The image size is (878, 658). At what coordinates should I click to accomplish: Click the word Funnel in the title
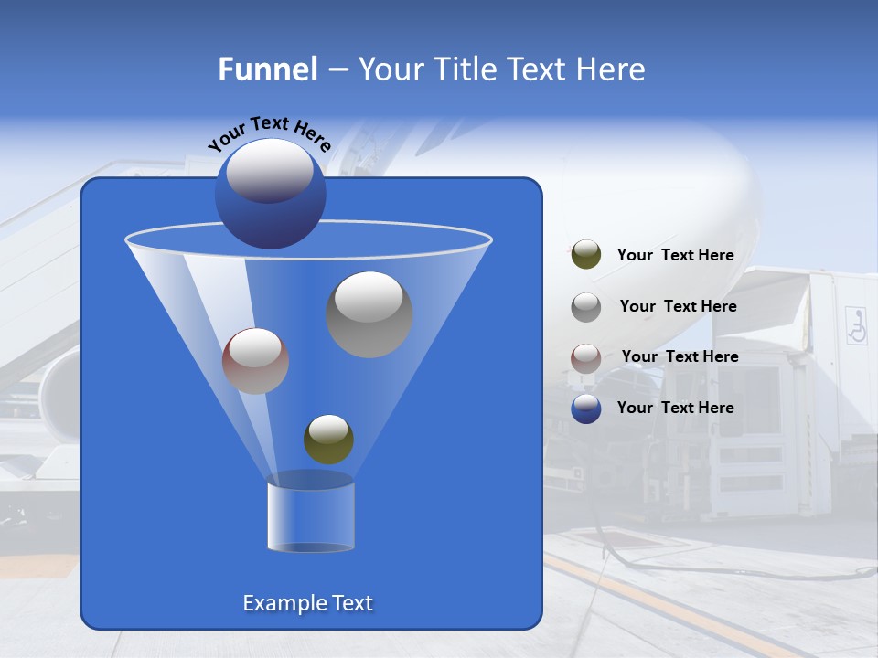click(267, 69)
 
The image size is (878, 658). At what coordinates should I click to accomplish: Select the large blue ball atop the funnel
click(270, 194)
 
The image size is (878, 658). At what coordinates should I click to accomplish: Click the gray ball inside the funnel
click(369, 314)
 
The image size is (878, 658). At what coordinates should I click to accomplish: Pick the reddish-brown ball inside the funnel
click(255, 361)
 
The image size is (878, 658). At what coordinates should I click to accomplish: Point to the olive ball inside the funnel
click(328, 439)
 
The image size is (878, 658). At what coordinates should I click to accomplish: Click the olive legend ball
click(585, 255)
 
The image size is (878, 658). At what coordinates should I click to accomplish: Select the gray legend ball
click(585, 306)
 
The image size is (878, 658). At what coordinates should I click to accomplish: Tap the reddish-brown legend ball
click(585, 357)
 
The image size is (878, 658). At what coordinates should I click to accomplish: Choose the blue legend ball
click(585, 409)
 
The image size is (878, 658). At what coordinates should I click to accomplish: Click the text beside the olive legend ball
click(675, 255)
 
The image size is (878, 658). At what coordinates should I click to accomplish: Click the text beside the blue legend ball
click(675, 408)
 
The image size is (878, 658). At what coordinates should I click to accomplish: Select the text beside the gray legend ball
click(678, 306)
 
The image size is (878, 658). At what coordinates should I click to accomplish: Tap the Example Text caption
click(307, 603)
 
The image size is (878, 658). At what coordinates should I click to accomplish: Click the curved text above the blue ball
click(269, 134)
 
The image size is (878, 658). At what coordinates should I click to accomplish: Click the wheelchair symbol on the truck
click(856, 325)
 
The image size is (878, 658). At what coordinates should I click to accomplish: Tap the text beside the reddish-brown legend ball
click(680, 356)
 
